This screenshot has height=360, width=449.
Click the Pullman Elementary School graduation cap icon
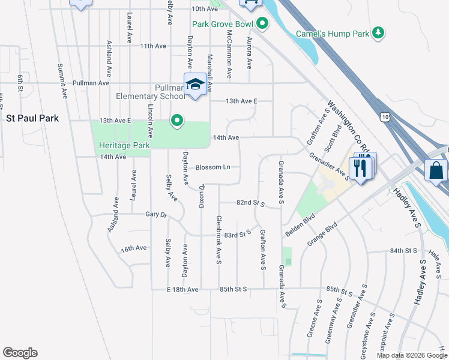(195, 85)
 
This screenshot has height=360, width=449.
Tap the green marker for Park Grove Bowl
(262, 24)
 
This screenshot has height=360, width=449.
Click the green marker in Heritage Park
(176, 121)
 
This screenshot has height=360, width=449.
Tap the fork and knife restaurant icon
(360, 167)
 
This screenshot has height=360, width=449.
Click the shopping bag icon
(436, 171)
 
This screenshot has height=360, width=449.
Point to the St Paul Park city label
(32, 118)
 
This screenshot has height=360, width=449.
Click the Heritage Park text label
(124, 145)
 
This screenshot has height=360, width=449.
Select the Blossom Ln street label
(213, 167)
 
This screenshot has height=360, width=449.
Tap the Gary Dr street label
(155, 214)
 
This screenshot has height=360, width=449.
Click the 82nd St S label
(251, 203)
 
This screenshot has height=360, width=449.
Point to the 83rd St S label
(237, 235)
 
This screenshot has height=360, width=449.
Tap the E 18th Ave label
(182, 289)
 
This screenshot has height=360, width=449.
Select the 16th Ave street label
(133, 248)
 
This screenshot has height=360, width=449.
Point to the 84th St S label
(403, 250)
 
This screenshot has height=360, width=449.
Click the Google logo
(20, 353)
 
